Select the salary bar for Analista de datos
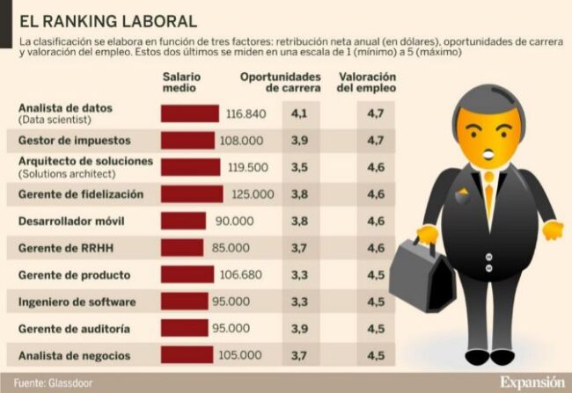pos(189,113)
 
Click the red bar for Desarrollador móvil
pos(183,221)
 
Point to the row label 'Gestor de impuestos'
pos(74,141)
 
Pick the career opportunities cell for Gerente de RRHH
pos(298,248)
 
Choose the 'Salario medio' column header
pos(181,83)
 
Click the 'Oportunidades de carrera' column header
pos(281,83)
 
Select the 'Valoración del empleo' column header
pos(367,83)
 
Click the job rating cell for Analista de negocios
pos(376,355)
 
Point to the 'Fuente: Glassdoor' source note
pos(52,382)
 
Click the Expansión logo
pos(532,382)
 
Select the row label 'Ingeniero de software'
pos(77,302)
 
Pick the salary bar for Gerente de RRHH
pos(182,248)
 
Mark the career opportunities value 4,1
pos(298,113)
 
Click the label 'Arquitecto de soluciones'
pos(85,162)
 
